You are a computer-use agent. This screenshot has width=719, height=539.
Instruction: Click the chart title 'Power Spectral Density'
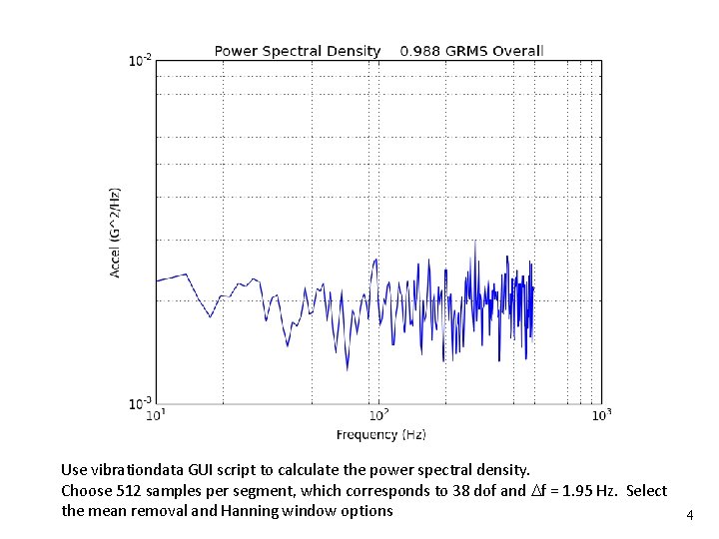point(298,51)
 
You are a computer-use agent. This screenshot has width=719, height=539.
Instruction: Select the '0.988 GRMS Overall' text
point(471,51)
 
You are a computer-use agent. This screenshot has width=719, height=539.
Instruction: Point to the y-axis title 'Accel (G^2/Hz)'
point(116,232)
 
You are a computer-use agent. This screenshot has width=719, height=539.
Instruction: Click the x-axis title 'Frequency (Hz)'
point(380,435)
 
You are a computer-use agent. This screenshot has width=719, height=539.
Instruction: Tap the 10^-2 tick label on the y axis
point(140,62)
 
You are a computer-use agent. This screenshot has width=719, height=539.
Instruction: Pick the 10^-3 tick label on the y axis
point(140,403)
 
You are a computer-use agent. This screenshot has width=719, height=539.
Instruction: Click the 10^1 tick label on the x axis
point(157,416)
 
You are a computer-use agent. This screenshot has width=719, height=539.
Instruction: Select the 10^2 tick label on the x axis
point(379,416)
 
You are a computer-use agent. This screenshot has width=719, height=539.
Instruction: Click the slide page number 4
point(688,516)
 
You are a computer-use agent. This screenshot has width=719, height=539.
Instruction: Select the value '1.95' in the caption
point(569,490)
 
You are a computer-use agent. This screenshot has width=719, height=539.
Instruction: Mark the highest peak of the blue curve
point(474,242)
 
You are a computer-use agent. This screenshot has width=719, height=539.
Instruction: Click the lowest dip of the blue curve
point(347,369)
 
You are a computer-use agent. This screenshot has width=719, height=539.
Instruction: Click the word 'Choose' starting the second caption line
point(87,490)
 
